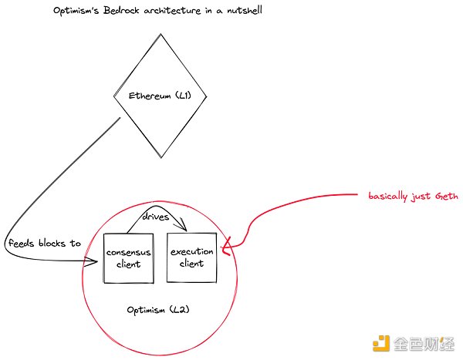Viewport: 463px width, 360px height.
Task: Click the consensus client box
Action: click(127, 257)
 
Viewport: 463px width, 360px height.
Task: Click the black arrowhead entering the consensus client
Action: click(96, 262)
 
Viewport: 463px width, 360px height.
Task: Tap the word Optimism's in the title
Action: click(73, 12)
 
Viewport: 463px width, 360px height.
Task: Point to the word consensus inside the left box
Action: click(127, 252)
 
